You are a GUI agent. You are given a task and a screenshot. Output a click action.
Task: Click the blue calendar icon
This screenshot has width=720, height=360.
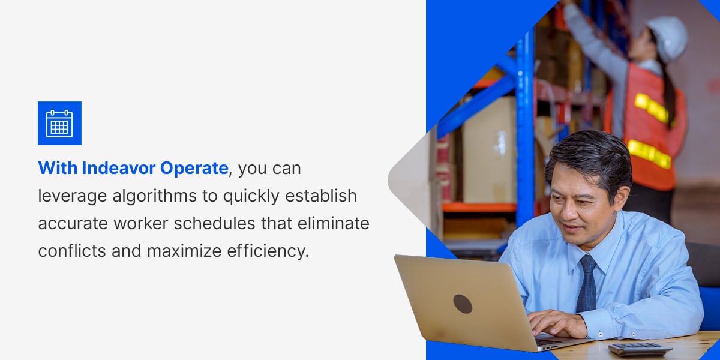coord(59,123)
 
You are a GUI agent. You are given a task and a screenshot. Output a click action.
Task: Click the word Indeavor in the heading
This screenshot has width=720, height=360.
coord(118,169)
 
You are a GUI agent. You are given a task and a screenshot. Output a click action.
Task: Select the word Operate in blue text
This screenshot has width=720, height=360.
coord(194,169)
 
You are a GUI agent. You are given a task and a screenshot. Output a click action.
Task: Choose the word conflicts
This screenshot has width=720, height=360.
coord(71,251)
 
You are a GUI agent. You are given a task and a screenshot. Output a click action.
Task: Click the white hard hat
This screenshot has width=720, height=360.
coord(667,37)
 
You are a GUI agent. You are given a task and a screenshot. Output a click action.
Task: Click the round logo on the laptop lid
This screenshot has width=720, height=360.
coord(463,304)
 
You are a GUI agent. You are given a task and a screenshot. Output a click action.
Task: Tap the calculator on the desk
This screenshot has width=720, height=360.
coord(640,349)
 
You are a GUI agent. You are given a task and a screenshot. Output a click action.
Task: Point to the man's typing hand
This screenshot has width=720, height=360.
coord(556,324)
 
